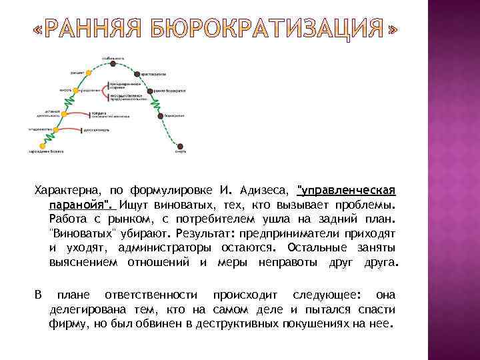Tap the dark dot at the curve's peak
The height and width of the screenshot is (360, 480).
coord(113,65)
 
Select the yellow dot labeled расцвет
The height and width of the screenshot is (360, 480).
coord(89,73)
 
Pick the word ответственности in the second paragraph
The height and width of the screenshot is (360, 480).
coord(150,295)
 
